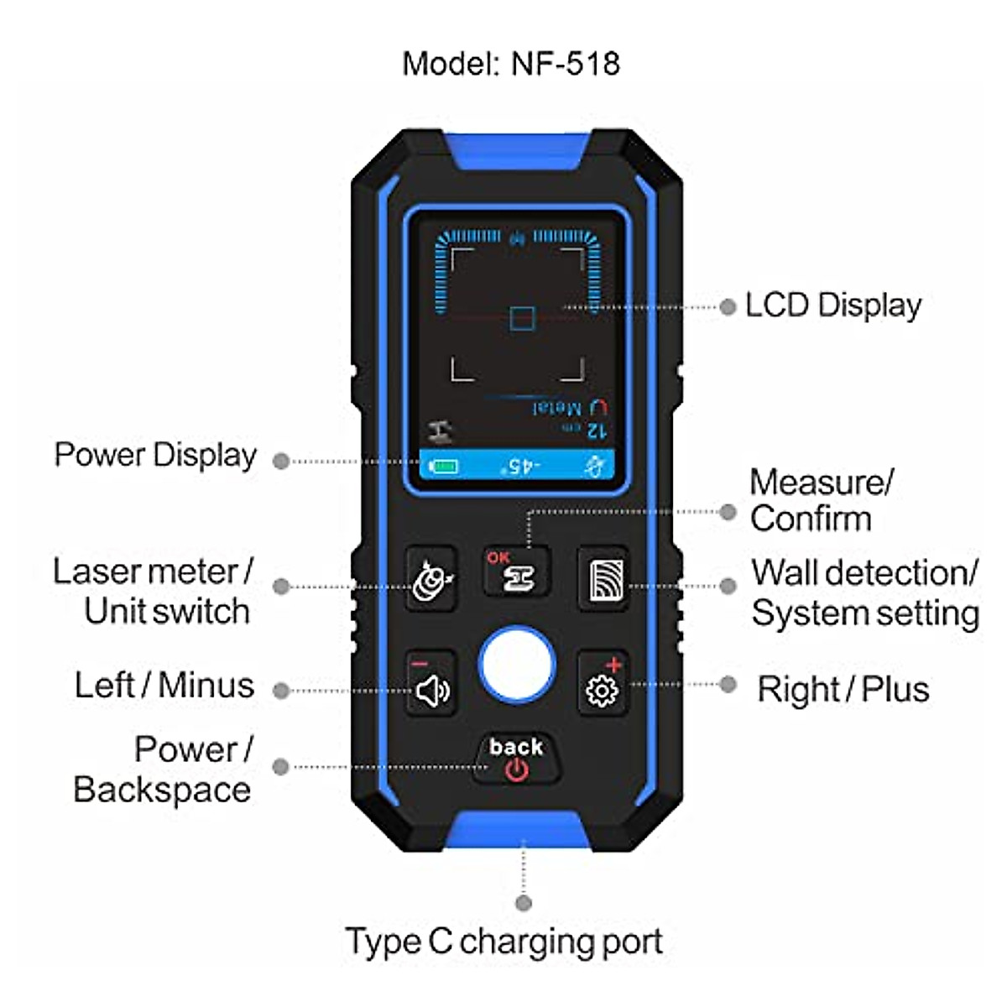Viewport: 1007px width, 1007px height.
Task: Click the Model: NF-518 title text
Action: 510,64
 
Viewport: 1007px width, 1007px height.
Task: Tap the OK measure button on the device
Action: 516,571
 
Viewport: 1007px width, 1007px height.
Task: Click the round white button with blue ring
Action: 516,665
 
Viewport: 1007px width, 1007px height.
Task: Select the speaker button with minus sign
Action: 431,684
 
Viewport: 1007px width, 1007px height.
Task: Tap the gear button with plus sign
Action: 603,684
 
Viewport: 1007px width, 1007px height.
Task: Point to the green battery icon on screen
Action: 443,466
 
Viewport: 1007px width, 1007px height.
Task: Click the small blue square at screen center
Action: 522,319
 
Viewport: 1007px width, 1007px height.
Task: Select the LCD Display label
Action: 832,305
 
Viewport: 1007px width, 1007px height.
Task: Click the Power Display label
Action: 155,455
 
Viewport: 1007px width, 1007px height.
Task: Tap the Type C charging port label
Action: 503,942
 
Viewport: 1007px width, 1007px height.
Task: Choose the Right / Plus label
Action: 843,690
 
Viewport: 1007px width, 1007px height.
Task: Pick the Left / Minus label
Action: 164,686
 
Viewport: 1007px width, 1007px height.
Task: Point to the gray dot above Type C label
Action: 524,903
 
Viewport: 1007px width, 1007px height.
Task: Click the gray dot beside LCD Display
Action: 727,307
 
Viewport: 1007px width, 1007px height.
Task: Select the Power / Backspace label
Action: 163,770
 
